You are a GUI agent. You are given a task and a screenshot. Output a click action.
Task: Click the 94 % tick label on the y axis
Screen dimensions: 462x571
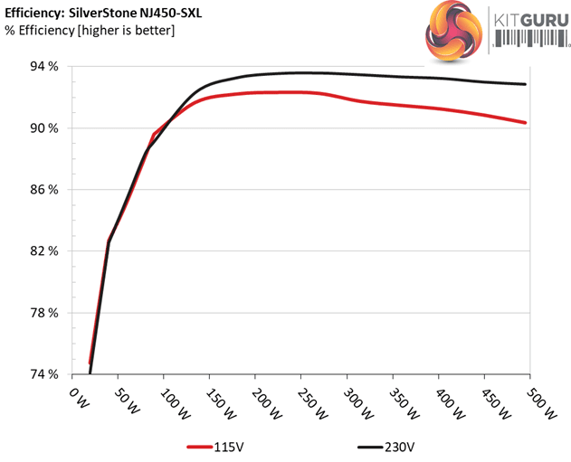click(45, 67)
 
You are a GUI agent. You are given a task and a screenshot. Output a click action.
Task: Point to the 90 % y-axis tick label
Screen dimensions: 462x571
click(45, 128)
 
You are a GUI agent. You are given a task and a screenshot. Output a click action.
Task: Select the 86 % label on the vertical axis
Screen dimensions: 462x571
click(45, 190)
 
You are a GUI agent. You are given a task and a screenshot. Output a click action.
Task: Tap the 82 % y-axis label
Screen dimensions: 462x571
click(45, 251)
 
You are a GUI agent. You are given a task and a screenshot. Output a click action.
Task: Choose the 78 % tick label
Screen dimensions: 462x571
click(45, 313)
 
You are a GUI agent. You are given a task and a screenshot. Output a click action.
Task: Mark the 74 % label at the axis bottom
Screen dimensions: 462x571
click(45, 374)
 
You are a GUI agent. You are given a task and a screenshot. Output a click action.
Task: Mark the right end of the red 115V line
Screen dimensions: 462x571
click(525, 123)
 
